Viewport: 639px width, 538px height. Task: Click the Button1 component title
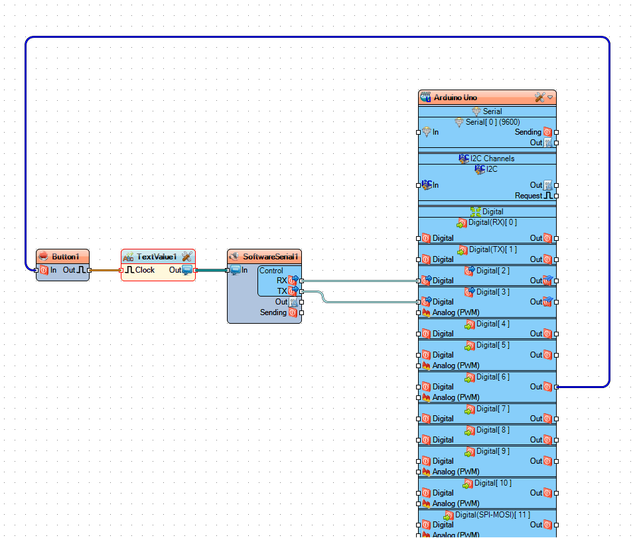pyautogui.click(x=65, y=257)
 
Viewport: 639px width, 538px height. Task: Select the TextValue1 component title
pyautogui.click(x=157, y=257)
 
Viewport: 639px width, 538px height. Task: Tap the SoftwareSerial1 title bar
pyautogui.click(x=271, y=257)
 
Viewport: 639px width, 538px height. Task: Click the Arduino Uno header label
pyautogui.click(x=455, y=98)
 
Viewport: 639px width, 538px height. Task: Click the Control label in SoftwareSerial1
pyautogui.click(x=271, y=271)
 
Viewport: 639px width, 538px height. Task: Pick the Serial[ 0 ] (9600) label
pyautogui.click(x=492, y=122)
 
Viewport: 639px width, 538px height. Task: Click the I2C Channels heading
pyautogui.click(x=492, y=159)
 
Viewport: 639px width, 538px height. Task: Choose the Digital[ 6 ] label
pyautogui.click(x=493, y=377)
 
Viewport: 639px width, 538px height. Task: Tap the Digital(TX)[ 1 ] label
pyautogui.click(x=492, y=249)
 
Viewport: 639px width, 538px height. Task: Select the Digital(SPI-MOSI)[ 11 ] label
pyautogui.click(x=492, y=514)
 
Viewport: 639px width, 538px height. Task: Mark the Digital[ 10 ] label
pyautogui.click(x=492, y=483)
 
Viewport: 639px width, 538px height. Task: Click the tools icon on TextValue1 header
pyautogui.click(x=186, y=257)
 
